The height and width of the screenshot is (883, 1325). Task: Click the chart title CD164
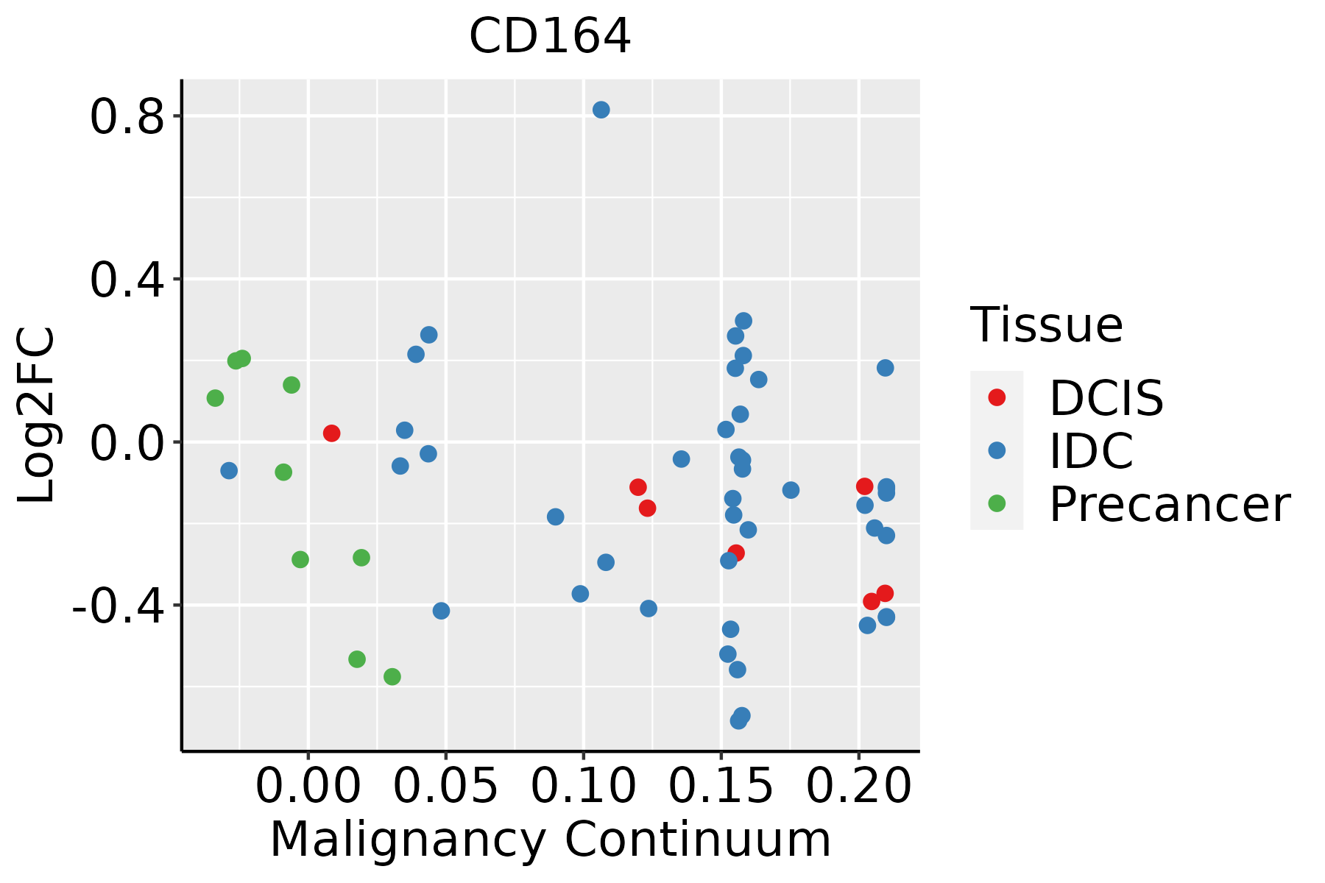[550, 35]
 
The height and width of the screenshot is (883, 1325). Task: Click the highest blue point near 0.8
[601, 110]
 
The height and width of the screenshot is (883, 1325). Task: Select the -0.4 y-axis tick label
[118, 607]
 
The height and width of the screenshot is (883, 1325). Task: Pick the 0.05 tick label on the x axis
[445, 786]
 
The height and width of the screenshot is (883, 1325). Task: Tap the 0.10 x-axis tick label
[583, 786]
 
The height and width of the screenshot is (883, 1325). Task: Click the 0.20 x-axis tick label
[859, 786]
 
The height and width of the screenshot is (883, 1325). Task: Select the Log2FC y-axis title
[37, 415]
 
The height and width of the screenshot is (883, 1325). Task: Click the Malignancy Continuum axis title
[551, 840]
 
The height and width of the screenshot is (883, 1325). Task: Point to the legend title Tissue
[1046, 325]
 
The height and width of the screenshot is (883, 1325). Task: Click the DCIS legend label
[1106, 398]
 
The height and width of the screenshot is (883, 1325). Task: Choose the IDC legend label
[1091, 451]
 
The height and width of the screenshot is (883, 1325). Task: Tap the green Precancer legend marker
[997, 504]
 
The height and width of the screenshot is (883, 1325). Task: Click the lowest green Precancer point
[392, 676]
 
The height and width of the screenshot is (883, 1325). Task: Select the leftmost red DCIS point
[332, 433]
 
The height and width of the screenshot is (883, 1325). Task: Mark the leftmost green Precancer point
[215, 398]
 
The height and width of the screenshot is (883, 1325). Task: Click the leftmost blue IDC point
[229, 470]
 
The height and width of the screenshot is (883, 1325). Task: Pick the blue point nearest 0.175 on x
[791, 490]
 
